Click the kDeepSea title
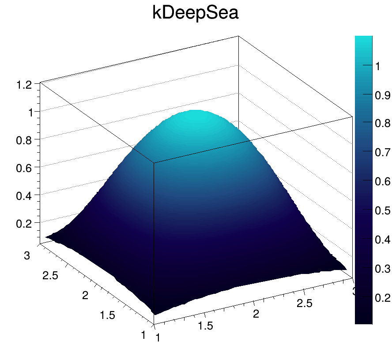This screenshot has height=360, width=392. (196, 13)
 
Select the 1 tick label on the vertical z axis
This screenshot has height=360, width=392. (30, 112)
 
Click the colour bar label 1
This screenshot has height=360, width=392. (378, 66)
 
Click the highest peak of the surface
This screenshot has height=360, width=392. (194, 112)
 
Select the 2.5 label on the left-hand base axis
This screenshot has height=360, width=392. (51, 276)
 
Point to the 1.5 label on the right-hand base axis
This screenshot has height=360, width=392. (205, 326)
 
